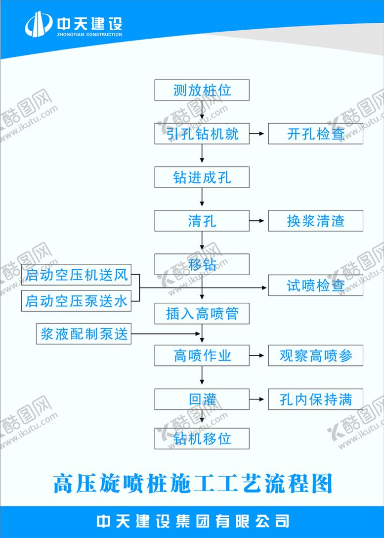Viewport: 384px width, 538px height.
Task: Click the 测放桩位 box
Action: (x=202, y=90)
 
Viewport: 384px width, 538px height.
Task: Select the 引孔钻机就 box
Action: (x=202, y=134)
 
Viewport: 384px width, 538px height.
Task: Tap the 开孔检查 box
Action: (x=315, y=134)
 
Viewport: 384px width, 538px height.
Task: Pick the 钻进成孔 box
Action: (x=202, y=177)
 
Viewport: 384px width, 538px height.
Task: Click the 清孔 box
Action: (x=202, y=221)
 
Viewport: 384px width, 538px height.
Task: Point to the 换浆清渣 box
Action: (x=315, y=221)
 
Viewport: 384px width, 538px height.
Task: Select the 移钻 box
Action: (x=202, y=264)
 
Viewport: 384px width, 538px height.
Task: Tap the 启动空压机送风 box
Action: (x=77, y=275)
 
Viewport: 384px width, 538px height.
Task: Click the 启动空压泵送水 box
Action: (x=77, y=300)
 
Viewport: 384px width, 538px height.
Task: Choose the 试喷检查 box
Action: (x=315, y=286)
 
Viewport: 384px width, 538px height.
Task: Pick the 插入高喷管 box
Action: (x=202, y=313)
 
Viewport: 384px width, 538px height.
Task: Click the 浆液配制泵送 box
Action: (x=84, y=334)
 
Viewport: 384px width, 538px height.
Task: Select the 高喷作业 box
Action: (x=202, y=355)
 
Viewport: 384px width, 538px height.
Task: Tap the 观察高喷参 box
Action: (x=315, y=355)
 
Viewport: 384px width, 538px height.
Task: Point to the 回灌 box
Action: (x=202, y=399)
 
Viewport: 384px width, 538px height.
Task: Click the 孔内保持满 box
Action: (x=315, y=399)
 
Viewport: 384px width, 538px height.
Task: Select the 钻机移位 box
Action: (x=202, y=439)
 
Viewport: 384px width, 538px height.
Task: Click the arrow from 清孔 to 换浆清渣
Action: (x=258, y=221)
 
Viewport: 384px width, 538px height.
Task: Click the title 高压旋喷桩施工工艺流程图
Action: (x=193, y=484)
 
